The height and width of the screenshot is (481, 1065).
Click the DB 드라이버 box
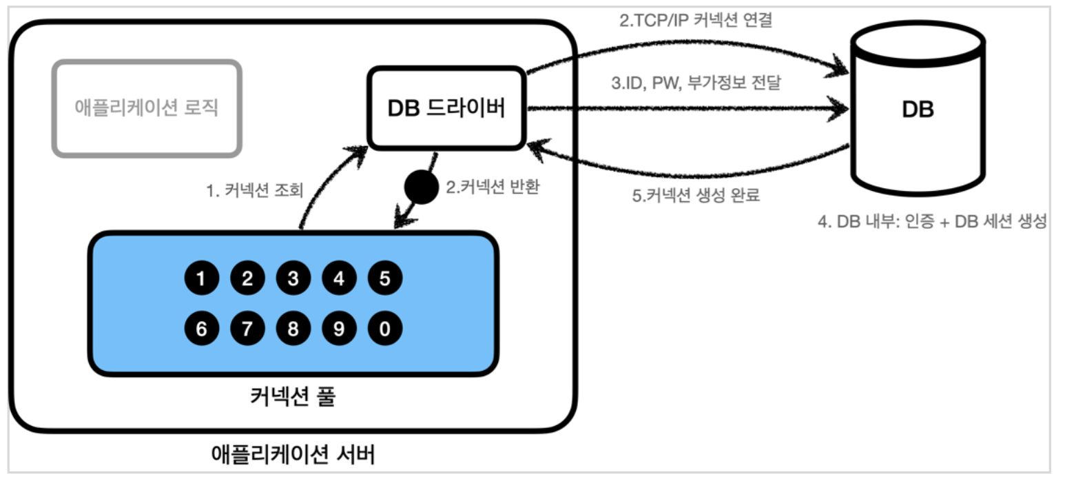coord(446,108)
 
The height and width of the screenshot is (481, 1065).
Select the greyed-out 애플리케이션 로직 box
coord(147,108)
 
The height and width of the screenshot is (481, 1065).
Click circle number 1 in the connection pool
coord(201,279)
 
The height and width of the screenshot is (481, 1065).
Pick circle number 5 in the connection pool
coord(385,279)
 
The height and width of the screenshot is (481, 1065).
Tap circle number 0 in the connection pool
coord(385,328)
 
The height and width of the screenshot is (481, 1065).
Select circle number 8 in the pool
coord(293,328)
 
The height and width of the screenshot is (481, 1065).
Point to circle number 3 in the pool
coord(293,279)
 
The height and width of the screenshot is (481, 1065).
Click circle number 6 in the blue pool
coord(201,328)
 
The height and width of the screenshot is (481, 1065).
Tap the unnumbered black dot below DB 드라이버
coord(421,188)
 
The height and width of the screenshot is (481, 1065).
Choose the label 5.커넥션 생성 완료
coord(696,195)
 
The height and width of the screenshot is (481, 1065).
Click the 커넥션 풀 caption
coord(292,398)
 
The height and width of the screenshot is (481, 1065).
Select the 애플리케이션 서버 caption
coord(293,454)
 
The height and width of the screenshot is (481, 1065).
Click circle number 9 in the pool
coord(339,328)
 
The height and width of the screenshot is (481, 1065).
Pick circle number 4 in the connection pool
coord(339,279)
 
